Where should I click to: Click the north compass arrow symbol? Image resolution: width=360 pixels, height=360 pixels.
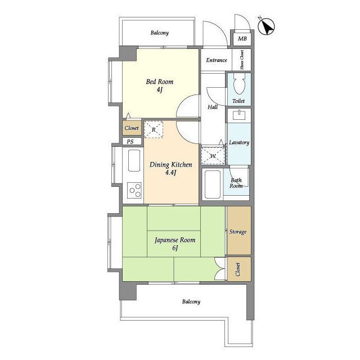[x=266, y=26]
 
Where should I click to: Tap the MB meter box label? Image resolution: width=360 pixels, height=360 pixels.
[x=242, y=39]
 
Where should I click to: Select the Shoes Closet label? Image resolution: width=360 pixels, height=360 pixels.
[x=242, y=60]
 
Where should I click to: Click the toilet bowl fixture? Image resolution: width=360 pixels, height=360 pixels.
[x=239, y=84]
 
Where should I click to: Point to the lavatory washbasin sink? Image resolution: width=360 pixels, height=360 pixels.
[x=239, y=115]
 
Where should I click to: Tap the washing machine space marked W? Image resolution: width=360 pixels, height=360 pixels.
[x=213, y=156]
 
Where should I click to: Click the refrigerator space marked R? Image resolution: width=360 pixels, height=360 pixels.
[x=154, y=130]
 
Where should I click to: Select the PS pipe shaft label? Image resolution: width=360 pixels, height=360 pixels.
[x=130, y=142]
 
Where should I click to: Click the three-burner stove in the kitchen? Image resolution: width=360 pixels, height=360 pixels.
[x=134, y=190]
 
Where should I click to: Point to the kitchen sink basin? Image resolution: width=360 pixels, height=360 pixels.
[x=134, y=160]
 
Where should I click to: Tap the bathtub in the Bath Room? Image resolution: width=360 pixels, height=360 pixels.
[x=213, y=184]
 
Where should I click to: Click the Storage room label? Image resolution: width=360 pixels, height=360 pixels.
[x=238, y=232]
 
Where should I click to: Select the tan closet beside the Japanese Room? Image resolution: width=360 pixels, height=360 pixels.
[x=238, y=269]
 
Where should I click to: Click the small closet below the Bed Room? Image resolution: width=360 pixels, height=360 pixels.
[x=132, y=128]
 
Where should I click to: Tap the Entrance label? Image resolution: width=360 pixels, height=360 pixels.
[x=217, y=60]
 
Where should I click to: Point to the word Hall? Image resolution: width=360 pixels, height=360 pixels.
[x=213, y=107]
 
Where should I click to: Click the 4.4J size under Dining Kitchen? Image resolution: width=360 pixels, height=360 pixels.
[x=171, y=173]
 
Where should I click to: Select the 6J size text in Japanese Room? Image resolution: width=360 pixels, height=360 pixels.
[x=175, y=247]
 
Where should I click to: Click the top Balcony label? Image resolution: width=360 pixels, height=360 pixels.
[x=160, y=33]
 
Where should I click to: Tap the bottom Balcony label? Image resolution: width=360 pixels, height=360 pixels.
[x=191, y=301]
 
